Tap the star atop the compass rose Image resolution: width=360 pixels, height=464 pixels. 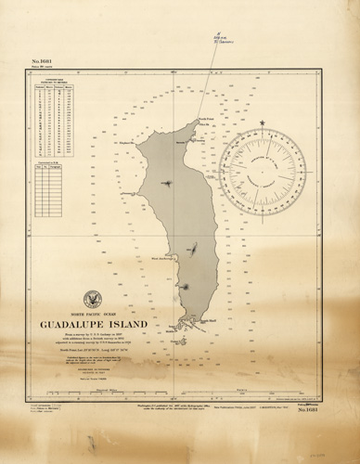click(263, 123)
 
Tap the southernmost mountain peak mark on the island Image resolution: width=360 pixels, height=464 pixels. click(186, 287)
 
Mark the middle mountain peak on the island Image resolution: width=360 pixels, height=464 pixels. click(193, 248)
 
